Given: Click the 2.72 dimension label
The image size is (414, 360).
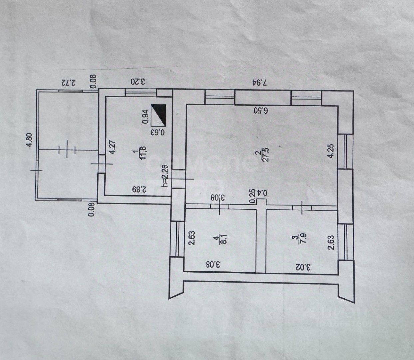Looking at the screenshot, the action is click(x=69, y=82).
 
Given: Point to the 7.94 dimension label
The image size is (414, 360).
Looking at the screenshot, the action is click(x=259, y=82).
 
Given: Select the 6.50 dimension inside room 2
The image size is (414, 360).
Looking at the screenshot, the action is click(x=261, y=110).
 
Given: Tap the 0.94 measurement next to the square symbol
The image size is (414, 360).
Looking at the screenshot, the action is click(x=145, y=117).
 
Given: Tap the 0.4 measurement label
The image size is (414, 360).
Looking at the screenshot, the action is click(x=263, y=193).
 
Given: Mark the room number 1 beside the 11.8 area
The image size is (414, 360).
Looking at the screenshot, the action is click(x=135, y=153).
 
